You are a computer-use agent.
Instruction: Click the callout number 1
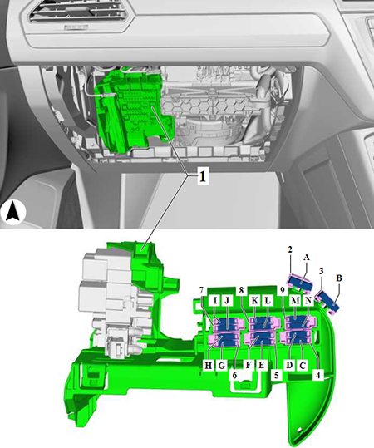pyautogui.click(x=202, y=176)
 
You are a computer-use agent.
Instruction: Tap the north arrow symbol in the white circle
pyautogui.click(x=13, y=213)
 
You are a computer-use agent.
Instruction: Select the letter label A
pyautogui.click(x=306, y=258)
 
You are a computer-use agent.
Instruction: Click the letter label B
pyautogui.click(x=339, y=278)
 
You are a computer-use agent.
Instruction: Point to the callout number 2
pyautogui.click(x=290, y=249)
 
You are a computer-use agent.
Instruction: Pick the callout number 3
pyautogui.click(x=322, y=271)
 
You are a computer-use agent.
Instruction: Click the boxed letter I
pyautogui.click(x=215, y=300)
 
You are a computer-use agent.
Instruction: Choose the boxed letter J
pyautogui.click(x=227, y=300)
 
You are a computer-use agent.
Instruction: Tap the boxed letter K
pyautogui.click(x=254, y=300)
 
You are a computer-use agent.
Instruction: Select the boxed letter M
pyautogui.click(x=295, y=300)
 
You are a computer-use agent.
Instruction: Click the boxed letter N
pyautogui.click(x=308, y=300)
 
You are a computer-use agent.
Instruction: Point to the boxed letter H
pyautogui.click(x=209, y=365)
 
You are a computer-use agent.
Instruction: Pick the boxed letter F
pyautogui.click(x=249, y=365)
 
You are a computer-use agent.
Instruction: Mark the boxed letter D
pyautogui.click(x=289, y=365)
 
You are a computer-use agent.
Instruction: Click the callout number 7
pyautogui.click(x=201, y=291)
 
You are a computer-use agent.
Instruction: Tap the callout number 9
pyautogui.click(x=283, y=291)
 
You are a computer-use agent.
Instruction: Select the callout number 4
pyautogui.click(x=318, y=375)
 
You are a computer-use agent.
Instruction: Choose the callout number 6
pyautogui.click(x=234, y=375)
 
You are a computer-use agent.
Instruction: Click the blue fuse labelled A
pyautogui.click(x=301, y=283)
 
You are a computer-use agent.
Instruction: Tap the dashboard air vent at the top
pyautogui.click(x=79, y=12)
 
